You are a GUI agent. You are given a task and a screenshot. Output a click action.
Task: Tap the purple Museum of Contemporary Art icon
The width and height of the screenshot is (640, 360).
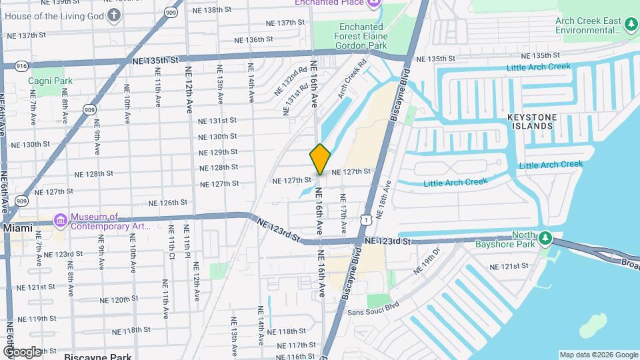click(60, 219)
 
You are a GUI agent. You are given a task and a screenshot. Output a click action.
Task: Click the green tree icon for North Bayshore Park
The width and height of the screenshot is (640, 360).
click(545, 238)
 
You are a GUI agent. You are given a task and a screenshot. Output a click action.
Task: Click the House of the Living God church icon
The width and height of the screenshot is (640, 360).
click(114, 15)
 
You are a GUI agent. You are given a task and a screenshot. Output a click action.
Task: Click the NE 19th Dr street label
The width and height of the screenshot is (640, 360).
click(427, 261)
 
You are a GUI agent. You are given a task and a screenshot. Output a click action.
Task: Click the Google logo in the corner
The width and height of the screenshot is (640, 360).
click(22, 351)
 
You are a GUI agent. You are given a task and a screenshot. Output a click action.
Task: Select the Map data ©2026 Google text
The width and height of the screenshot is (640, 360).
click(598, 355)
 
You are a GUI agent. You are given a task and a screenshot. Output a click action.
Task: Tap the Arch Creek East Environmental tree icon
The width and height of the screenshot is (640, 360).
click(631, 25)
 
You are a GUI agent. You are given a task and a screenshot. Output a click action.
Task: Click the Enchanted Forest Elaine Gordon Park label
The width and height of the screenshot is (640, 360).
click(359, 36)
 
